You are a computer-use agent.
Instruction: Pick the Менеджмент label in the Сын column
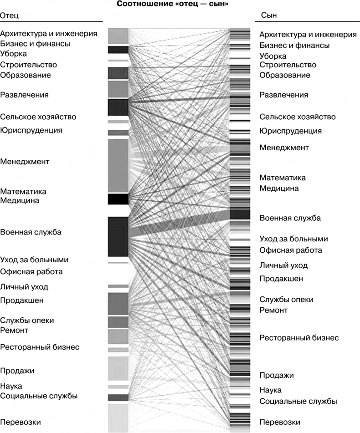tap(284, 148)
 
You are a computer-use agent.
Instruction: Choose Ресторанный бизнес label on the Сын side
tap(299, 338)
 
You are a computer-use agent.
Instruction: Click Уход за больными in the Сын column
tap(293, 239)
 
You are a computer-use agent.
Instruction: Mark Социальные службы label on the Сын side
tap(298, 401)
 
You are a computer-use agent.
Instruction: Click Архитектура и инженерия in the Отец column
tap(49, 33)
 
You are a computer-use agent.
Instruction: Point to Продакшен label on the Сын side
tap(281, 279)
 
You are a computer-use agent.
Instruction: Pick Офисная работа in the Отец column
tap(31, 272)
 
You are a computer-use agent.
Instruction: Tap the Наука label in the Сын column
tap(271, 390)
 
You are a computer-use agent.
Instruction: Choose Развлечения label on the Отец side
tap(25, 95)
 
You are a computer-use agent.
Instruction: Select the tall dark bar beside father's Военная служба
tap(118, 237)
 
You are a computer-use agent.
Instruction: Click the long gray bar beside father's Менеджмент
tap(118, 165)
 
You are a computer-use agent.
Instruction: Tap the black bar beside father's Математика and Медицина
tap(118, 199)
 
